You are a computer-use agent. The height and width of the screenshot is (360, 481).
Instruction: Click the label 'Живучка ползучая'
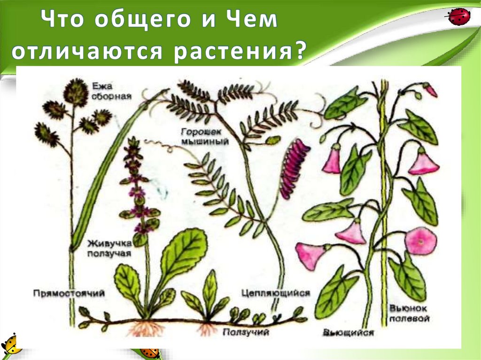click(x=109, y=248)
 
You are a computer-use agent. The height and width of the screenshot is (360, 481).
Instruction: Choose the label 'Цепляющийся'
click(x=276, y=293)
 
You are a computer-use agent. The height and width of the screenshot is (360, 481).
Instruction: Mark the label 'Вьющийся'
click(x=348, y=333)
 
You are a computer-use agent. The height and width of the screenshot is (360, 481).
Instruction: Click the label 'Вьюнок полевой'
click(x=410, y=314)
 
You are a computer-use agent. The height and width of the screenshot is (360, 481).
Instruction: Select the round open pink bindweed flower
click(x=420, y=241)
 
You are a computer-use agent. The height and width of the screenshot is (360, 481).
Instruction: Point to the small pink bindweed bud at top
click(x=430, y=90)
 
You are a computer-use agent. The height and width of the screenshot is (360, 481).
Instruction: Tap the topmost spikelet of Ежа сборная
click(x=76, y=92)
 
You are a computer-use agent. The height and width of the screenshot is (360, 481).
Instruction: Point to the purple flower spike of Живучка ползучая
click(x=137, y=188)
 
